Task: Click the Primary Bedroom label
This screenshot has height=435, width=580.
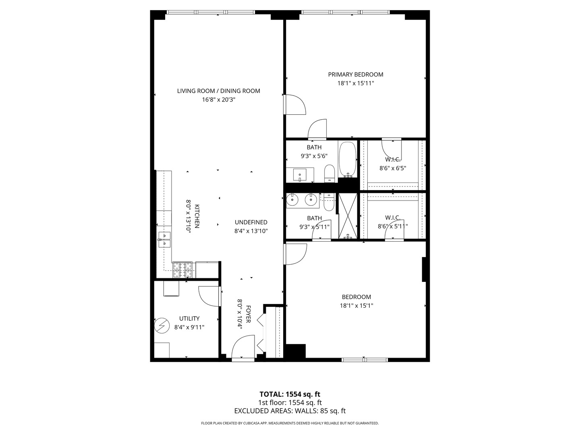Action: [x=355, y=75]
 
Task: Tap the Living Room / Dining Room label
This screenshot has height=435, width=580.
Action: [x=219, y=91]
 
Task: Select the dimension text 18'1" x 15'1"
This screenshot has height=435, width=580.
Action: [x=356, y=306]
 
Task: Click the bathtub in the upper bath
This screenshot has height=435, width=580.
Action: [x=348, y=160]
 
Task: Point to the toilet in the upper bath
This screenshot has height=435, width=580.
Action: [x=329, y=173]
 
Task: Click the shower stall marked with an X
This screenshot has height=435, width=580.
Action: [x=348, y=216]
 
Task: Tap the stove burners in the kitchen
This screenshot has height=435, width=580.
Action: [x=182, y=270]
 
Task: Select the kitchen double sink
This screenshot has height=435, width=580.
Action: [x=164, y=240]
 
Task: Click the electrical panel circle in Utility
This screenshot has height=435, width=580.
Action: [x=162, y=325]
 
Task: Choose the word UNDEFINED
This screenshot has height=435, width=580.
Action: [x=251, y=222]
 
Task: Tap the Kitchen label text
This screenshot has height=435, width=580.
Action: [x=197, y=216]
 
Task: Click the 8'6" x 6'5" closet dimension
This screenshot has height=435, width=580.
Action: [x=393, y=168]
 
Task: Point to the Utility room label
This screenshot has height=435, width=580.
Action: [x=189, y=319]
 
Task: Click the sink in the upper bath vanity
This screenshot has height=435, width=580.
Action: [x=300, y=175]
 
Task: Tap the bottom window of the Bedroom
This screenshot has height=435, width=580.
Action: [x=365, y=359]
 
